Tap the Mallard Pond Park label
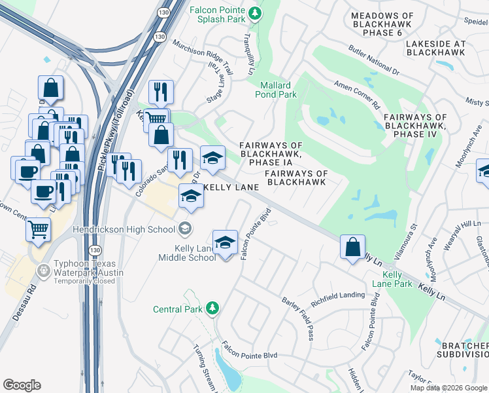[278, 90]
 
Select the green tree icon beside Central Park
[211, 308]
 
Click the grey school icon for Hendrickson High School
[186, 228]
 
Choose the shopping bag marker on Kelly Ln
[352, 248]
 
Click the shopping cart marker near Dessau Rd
[39, 230]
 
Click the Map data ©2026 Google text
[448, 388]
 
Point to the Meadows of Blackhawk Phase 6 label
[382, 24]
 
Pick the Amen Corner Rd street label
[357, 94]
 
